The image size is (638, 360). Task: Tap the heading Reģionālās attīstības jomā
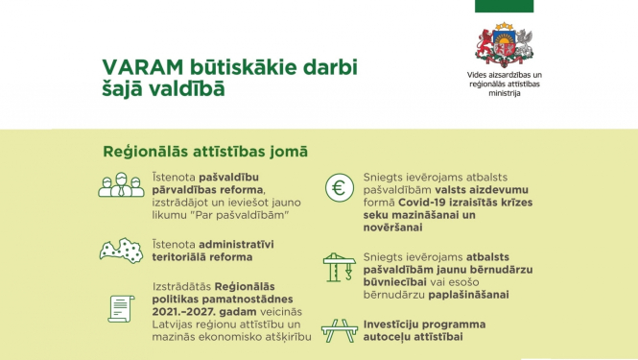pyautogui.click(x=205, y=152)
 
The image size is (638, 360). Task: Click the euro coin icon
pyautogui.click(x=341, y=189)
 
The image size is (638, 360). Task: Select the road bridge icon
pyautogui.click(x=341, y=331)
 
